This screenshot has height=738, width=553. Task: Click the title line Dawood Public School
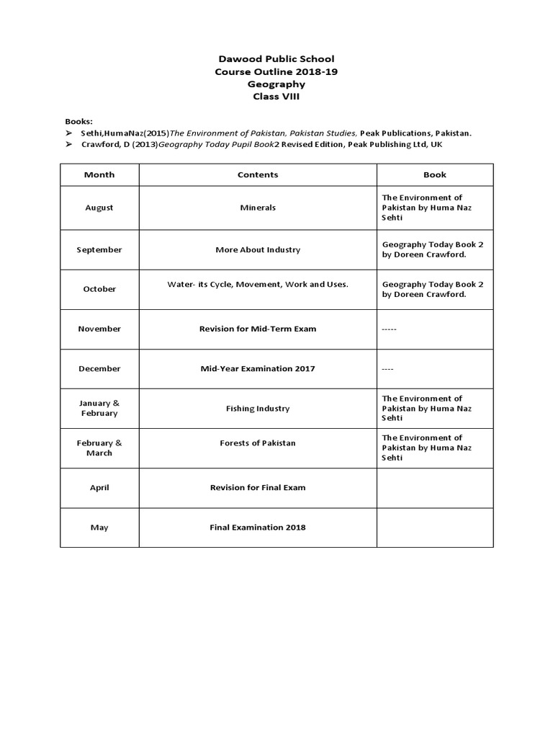tap(276, 58)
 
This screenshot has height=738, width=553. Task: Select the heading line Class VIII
tap(276, 96)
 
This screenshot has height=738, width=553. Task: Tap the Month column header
tap(99, 174)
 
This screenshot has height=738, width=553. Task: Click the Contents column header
tap(258, 174)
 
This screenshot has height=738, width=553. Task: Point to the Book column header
tap(435, 174)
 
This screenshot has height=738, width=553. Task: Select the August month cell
tap(99, 208)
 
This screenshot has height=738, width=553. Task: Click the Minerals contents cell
tap(258, 208)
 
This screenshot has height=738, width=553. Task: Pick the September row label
tap(99, 249)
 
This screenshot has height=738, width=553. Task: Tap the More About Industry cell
tap(258, 249)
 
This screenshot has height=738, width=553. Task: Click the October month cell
tap(99, 289)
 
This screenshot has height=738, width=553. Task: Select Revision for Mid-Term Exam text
tap(258, 329)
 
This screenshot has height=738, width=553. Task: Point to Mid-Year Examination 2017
tap(258, 368)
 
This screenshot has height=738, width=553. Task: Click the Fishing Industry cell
tap(258, 408)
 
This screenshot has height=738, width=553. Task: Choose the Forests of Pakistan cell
tap(258, 443)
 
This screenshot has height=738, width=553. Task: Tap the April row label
tap(99, 487)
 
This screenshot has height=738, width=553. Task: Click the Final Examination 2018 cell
tap(258, 527)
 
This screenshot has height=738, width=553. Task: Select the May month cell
tap(99, 528)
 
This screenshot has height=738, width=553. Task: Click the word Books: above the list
tap(79, 121)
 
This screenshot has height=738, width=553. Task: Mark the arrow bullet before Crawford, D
tap(68, 145)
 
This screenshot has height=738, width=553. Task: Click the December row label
tap(99, 368)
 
